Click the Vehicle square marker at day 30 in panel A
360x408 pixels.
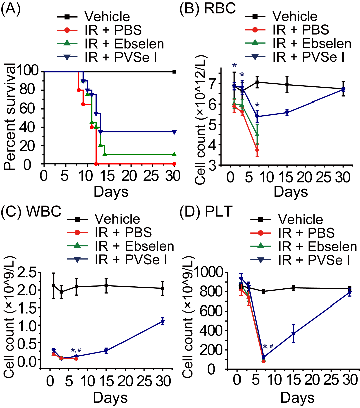pyautogui.click(x=174, y=72)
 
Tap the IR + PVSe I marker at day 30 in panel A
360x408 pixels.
pyautogui.click(x=174, y=132)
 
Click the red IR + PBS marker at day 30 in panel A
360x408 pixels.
pyautogui.click(x=174, y=164)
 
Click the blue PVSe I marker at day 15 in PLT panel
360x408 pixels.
pyautogui.click(x=293, y=334)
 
